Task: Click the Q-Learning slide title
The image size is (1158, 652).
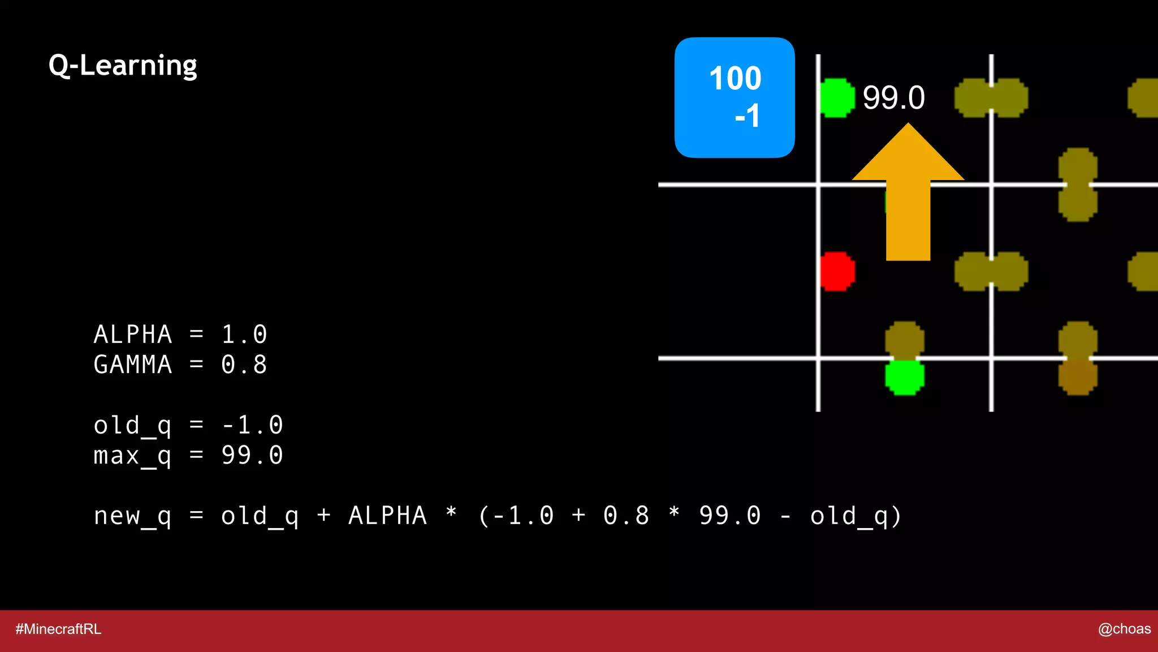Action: coord(123,66)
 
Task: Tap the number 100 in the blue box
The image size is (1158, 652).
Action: coord(735,78)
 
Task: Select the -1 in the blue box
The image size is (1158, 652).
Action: coord(747,116)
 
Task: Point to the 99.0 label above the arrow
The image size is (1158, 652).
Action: coord(893,97)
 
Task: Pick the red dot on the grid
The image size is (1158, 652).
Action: coord(837,271)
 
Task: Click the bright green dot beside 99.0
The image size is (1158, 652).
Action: coord(837,97)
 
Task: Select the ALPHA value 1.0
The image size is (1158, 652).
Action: coord(244,334)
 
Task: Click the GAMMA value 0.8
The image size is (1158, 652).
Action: coord(244,364)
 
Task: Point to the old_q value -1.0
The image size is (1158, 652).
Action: coord(252,425)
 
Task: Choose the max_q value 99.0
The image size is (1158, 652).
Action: coord(252,455)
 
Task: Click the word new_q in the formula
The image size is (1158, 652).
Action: coord(132,516)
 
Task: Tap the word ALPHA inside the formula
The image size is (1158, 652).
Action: coord(387,516)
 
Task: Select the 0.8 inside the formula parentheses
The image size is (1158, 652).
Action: coord(626,516)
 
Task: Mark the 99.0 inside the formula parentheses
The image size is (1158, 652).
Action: coord(729,516)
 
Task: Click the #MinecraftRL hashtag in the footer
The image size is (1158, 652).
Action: coord(58,629)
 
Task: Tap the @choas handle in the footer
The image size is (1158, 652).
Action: coord(1124,629)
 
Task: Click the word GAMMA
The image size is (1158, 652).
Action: coord(132,364)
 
